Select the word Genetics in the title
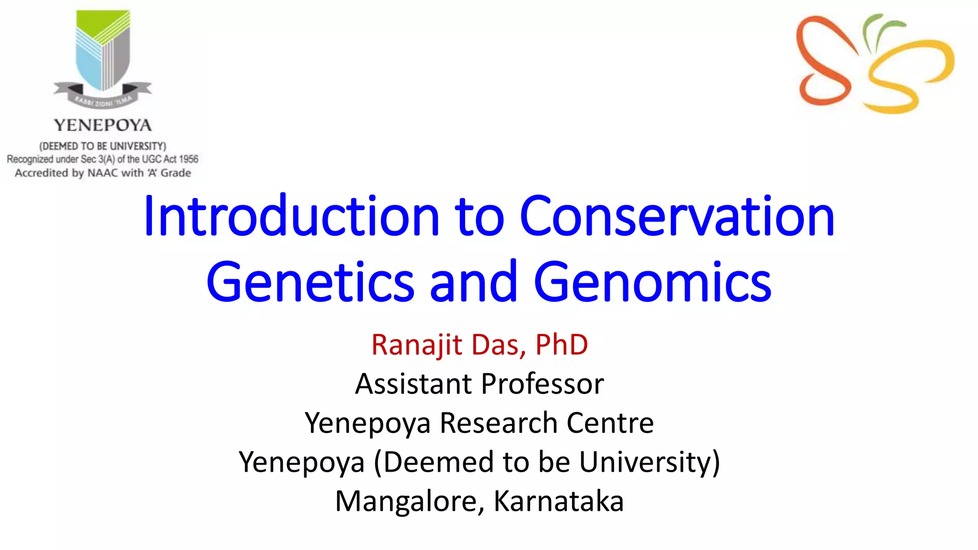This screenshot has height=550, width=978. [x=310, y=283]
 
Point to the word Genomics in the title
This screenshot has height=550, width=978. [x=652, y=283]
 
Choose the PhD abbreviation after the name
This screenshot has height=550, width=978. [x=562, y=345]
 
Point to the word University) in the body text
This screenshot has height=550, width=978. [x=649, y=462]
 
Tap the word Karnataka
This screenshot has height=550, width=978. [x=558, y=501]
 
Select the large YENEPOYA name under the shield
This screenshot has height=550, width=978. [x=103, y=125]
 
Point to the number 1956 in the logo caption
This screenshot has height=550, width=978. [x=189, y=159]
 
